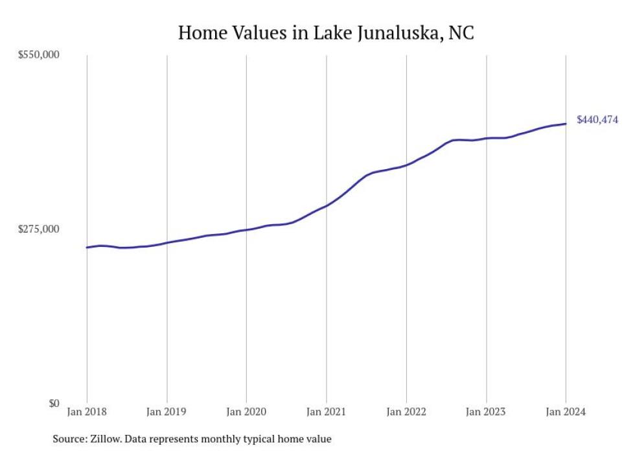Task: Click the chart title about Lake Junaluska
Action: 326,32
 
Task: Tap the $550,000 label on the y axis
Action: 38,55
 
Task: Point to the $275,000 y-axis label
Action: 38,229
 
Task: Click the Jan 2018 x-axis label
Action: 87,412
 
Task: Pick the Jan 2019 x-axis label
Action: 167,412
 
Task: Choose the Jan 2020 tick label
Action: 246,412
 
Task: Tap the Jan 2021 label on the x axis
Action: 326,412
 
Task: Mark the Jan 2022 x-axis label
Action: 406,412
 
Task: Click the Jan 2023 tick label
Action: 486,412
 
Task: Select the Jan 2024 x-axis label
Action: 566,412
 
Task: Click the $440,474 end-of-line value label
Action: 597,120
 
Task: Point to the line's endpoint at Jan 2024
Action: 566,124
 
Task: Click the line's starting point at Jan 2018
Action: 87,248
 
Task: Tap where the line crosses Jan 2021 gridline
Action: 326,205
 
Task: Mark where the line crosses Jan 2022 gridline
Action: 406,165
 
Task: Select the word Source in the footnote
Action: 68,439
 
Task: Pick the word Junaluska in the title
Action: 397,32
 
